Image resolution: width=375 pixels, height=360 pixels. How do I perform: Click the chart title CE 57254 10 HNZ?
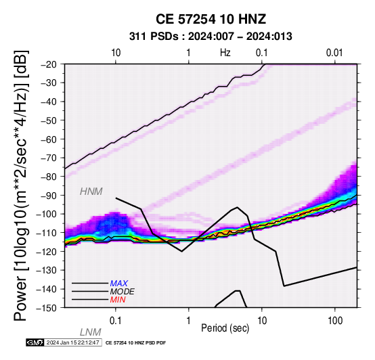click(211, 19)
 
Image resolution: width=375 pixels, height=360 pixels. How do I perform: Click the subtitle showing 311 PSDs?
click(211, 37)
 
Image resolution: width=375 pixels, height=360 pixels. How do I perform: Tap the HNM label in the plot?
click(91, 192)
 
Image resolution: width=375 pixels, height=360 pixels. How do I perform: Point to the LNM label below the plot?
click(91, 332)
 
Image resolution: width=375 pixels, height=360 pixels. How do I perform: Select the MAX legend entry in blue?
click(119, 284)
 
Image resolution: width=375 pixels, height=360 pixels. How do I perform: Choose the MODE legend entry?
click(123, 292)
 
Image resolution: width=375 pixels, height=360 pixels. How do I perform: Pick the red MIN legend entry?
click(118, 300)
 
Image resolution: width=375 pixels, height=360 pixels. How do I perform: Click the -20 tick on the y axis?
click(49, 64)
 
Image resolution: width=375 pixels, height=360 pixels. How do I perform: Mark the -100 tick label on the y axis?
click(47, 214)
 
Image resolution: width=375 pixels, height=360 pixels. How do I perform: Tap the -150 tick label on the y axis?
click(47, 308)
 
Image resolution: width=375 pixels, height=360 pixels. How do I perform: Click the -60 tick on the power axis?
click(49, 139)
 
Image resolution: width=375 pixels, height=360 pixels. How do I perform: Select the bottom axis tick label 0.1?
click(116, 321)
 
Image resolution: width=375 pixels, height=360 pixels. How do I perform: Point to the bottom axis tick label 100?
click(335, 321)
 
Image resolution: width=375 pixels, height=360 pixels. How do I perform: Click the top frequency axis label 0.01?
click(334, 53)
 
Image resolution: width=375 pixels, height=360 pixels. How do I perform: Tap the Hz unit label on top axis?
click(225, 53)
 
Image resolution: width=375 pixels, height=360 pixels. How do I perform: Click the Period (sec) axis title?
click(225, 328)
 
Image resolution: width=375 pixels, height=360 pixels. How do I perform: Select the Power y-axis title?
click(20, 185)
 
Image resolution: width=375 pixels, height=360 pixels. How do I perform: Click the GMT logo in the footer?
click(35, 342)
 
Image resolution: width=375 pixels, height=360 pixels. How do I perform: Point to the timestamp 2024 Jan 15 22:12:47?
click(72, 342)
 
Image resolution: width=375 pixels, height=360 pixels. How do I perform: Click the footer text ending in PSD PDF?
click(135, 343)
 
